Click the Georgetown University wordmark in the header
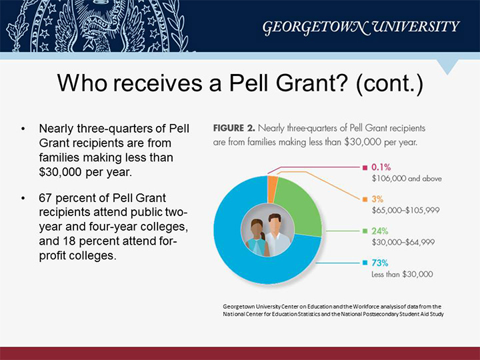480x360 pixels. pyautogui.click(x=361, y=27)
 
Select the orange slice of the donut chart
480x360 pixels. pyautogui.click(x=273, y=189)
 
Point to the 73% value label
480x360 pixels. pyautogui.click(x=380, y=263)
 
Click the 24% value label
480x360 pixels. pyautogui.click(x=380, y=231)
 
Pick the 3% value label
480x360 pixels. pyautogui.click(x=377, y=199)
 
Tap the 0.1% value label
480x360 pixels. pyautogui.click(x=381, y=167)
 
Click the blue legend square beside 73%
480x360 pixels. pyautogui.click(x=365, y=263)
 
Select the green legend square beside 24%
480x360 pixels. pyautogui.click(x=365, y=231)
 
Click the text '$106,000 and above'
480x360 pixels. pyautogui.click(x=407, y=179)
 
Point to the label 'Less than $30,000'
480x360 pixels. pyautogui.click(x=402, y=274)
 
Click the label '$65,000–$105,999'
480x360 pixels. pyautogui.click(x=405, y=210)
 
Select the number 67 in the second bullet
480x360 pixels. pyautogui.click(x=45, y=198)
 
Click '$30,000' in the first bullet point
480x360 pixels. pyautogui.click(x=60, y=172)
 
